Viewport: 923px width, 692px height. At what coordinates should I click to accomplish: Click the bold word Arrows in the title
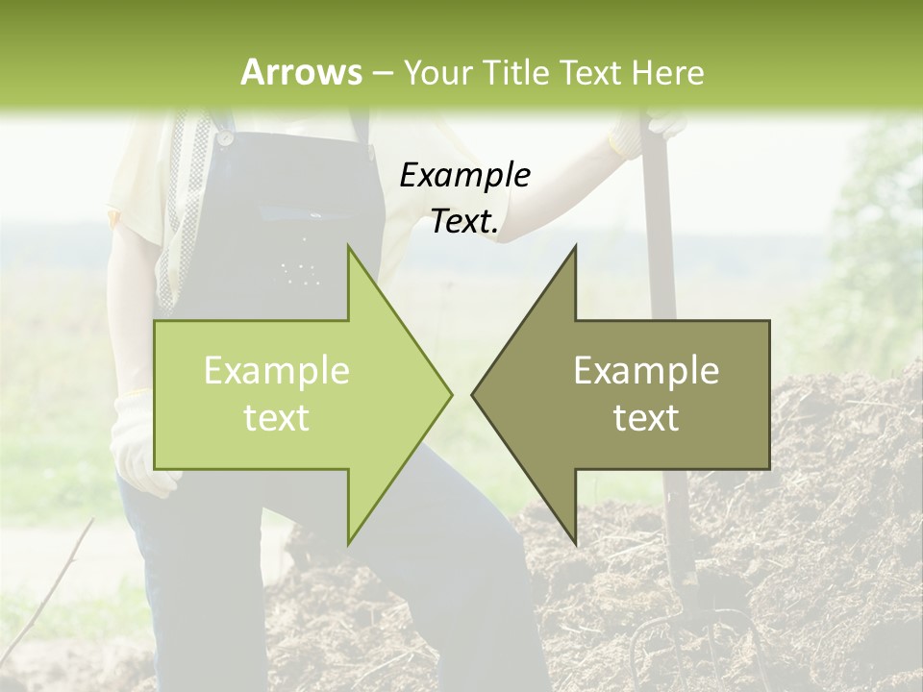point(301,72)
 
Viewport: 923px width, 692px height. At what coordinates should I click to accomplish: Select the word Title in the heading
point(517,72)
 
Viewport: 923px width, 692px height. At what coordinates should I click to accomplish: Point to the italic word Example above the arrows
point(465,175)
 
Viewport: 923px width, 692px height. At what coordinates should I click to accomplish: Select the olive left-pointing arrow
point(635,394)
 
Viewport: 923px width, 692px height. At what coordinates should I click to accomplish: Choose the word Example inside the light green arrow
point(277,370)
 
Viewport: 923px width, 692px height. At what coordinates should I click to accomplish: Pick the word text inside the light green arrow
point(277,418)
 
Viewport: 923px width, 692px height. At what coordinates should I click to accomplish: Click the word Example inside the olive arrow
point(646,370)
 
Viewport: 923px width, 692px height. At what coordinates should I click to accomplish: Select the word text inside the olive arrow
point(646,418)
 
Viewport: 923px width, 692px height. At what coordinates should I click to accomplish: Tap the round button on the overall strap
point(225,138)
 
